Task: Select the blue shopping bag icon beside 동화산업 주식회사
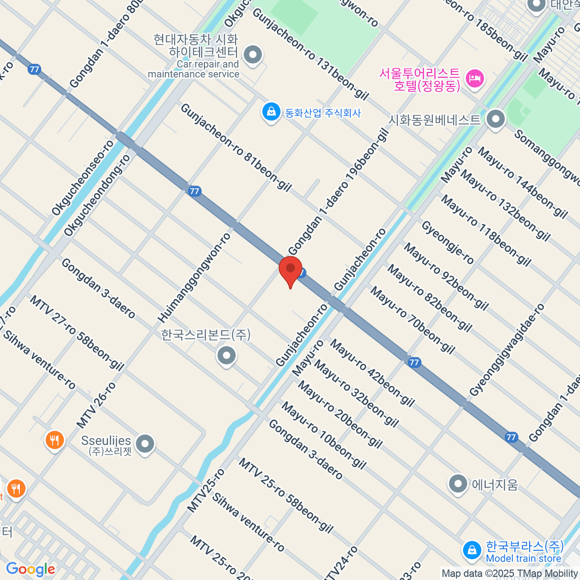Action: tap(271, 112)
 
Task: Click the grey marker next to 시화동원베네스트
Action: tap(495, 119)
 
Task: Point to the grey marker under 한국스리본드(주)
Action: tap(226, 356)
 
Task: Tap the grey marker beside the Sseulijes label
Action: tap(145, 444)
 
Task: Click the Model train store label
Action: tap(523, 559)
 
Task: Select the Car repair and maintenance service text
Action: tap(194, 69)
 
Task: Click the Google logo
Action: tap(30, 569)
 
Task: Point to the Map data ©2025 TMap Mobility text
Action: tap(510, 574)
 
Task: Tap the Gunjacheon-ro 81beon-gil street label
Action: tap(236, 147)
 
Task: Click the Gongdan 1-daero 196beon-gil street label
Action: tap(338, 191)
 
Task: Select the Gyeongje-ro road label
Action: tap(448, 242)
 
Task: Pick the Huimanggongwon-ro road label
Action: tap(194, 277)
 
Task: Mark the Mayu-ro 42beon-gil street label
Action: tap(372, 373)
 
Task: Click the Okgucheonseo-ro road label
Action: tap(83, 177)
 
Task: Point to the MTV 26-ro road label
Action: tap(96, 405)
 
